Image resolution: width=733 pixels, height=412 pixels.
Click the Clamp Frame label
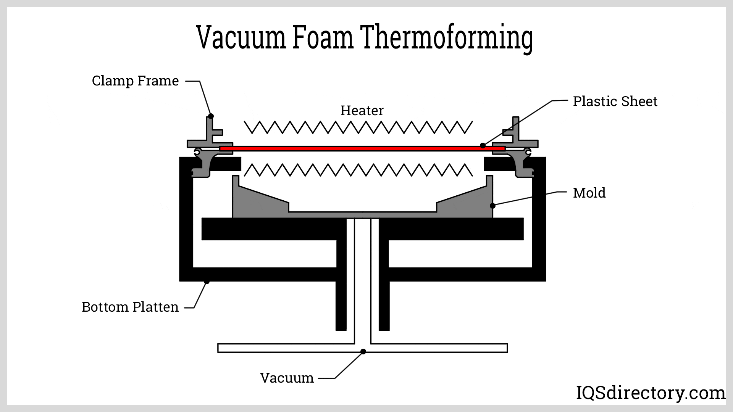point(135,81)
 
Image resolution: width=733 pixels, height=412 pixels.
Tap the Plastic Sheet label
point(615,101)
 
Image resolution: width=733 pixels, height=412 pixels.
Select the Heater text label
point(362,111)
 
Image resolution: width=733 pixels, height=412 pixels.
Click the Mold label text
point(589,193)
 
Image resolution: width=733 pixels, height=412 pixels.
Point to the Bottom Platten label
point(130,307)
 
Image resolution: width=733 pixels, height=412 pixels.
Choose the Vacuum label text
point(287,378)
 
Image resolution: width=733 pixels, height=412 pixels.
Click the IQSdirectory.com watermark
point(650,393)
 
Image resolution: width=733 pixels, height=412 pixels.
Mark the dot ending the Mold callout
point(492,206)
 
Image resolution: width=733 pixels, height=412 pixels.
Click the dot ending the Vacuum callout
point(363,351)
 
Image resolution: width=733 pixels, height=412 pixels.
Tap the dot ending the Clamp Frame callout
point(210,116)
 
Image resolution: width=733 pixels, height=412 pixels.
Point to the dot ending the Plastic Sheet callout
point(483,145)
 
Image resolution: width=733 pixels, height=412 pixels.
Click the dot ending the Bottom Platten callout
point(207,282)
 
